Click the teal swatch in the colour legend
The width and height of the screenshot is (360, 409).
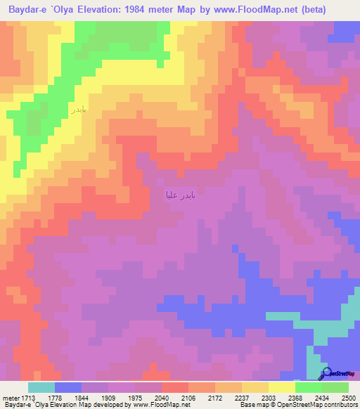click(x=41, y=387)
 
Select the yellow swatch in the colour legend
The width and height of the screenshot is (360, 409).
click(x=282, y=387)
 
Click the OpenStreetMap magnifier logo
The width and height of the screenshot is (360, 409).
click(x=327, y=375)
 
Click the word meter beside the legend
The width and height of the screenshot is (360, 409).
click(x=11, y=398)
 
